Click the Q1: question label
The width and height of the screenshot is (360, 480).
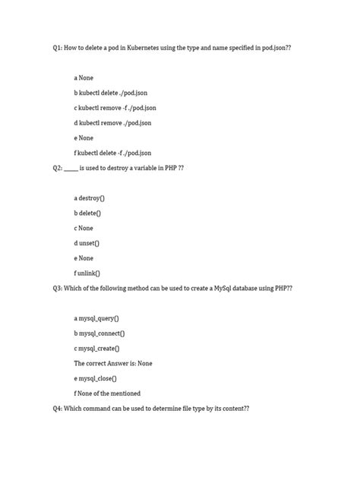(58, 47)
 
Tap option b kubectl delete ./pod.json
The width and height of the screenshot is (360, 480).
(111, 93)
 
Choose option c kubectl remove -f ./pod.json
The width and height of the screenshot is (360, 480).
(115, 108)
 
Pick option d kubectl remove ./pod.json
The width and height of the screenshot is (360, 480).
(112, 122)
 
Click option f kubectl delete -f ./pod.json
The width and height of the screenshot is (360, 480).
(112, 153)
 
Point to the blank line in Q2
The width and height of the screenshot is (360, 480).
(71, 168)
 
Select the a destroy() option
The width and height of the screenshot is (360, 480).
(90, 197)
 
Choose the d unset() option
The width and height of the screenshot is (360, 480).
(87, 243)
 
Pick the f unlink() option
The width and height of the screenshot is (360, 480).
(87, 273)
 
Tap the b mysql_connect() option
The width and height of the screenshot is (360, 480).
(99, 333)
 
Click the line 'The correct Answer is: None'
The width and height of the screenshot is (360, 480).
(113, 363)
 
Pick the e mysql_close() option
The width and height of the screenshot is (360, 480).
(96, 378)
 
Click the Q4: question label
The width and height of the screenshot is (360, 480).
(58, 409)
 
